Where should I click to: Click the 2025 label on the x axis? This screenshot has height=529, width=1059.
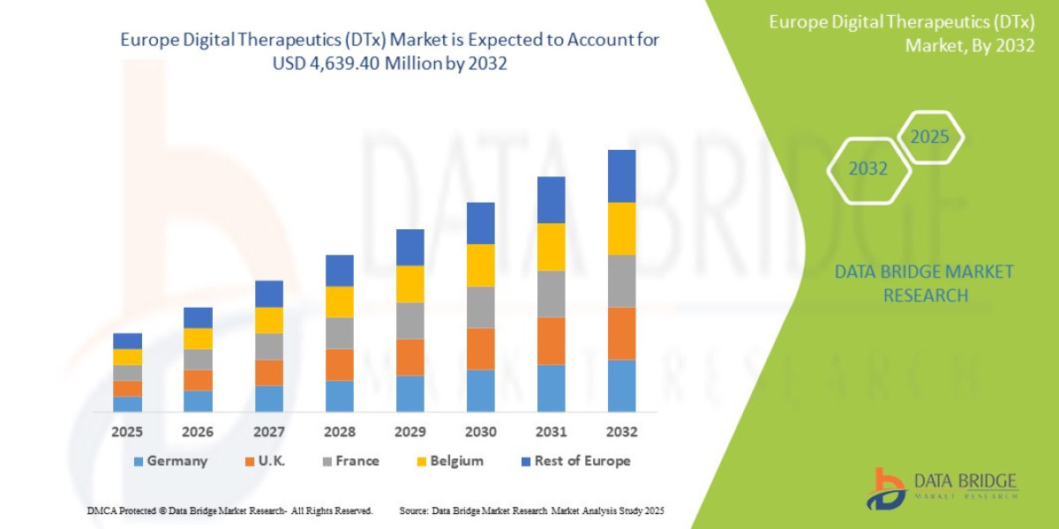[127, 432]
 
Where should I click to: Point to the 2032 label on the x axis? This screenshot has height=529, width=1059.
[621, 432]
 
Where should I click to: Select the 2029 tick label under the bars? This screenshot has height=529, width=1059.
[409, 432]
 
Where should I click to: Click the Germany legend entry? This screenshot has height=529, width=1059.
[170, 461]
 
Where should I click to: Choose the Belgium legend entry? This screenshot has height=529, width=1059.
[449, 461]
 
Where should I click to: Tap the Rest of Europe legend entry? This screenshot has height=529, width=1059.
[575, 461]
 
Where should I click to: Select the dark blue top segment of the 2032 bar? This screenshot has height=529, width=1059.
[621, 176]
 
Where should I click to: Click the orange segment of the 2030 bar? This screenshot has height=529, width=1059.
[480, 349]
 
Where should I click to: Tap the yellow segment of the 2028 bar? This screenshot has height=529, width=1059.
[339, 302]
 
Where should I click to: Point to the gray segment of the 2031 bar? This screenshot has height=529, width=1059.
[551, 294]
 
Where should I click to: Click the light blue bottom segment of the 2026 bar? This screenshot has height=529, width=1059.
[198, 401]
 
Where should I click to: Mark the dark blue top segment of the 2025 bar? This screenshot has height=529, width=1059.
[127, 341]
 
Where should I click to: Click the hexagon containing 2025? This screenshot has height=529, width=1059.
[929, 138]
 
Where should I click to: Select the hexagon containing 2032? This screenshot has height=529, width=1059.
[867, 169]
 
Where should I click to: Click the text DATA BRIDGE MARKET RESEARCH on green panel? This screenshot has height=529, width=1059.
[924, 284]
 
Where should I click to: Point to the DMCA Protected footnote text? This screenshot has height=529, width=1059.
[229, 511]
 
